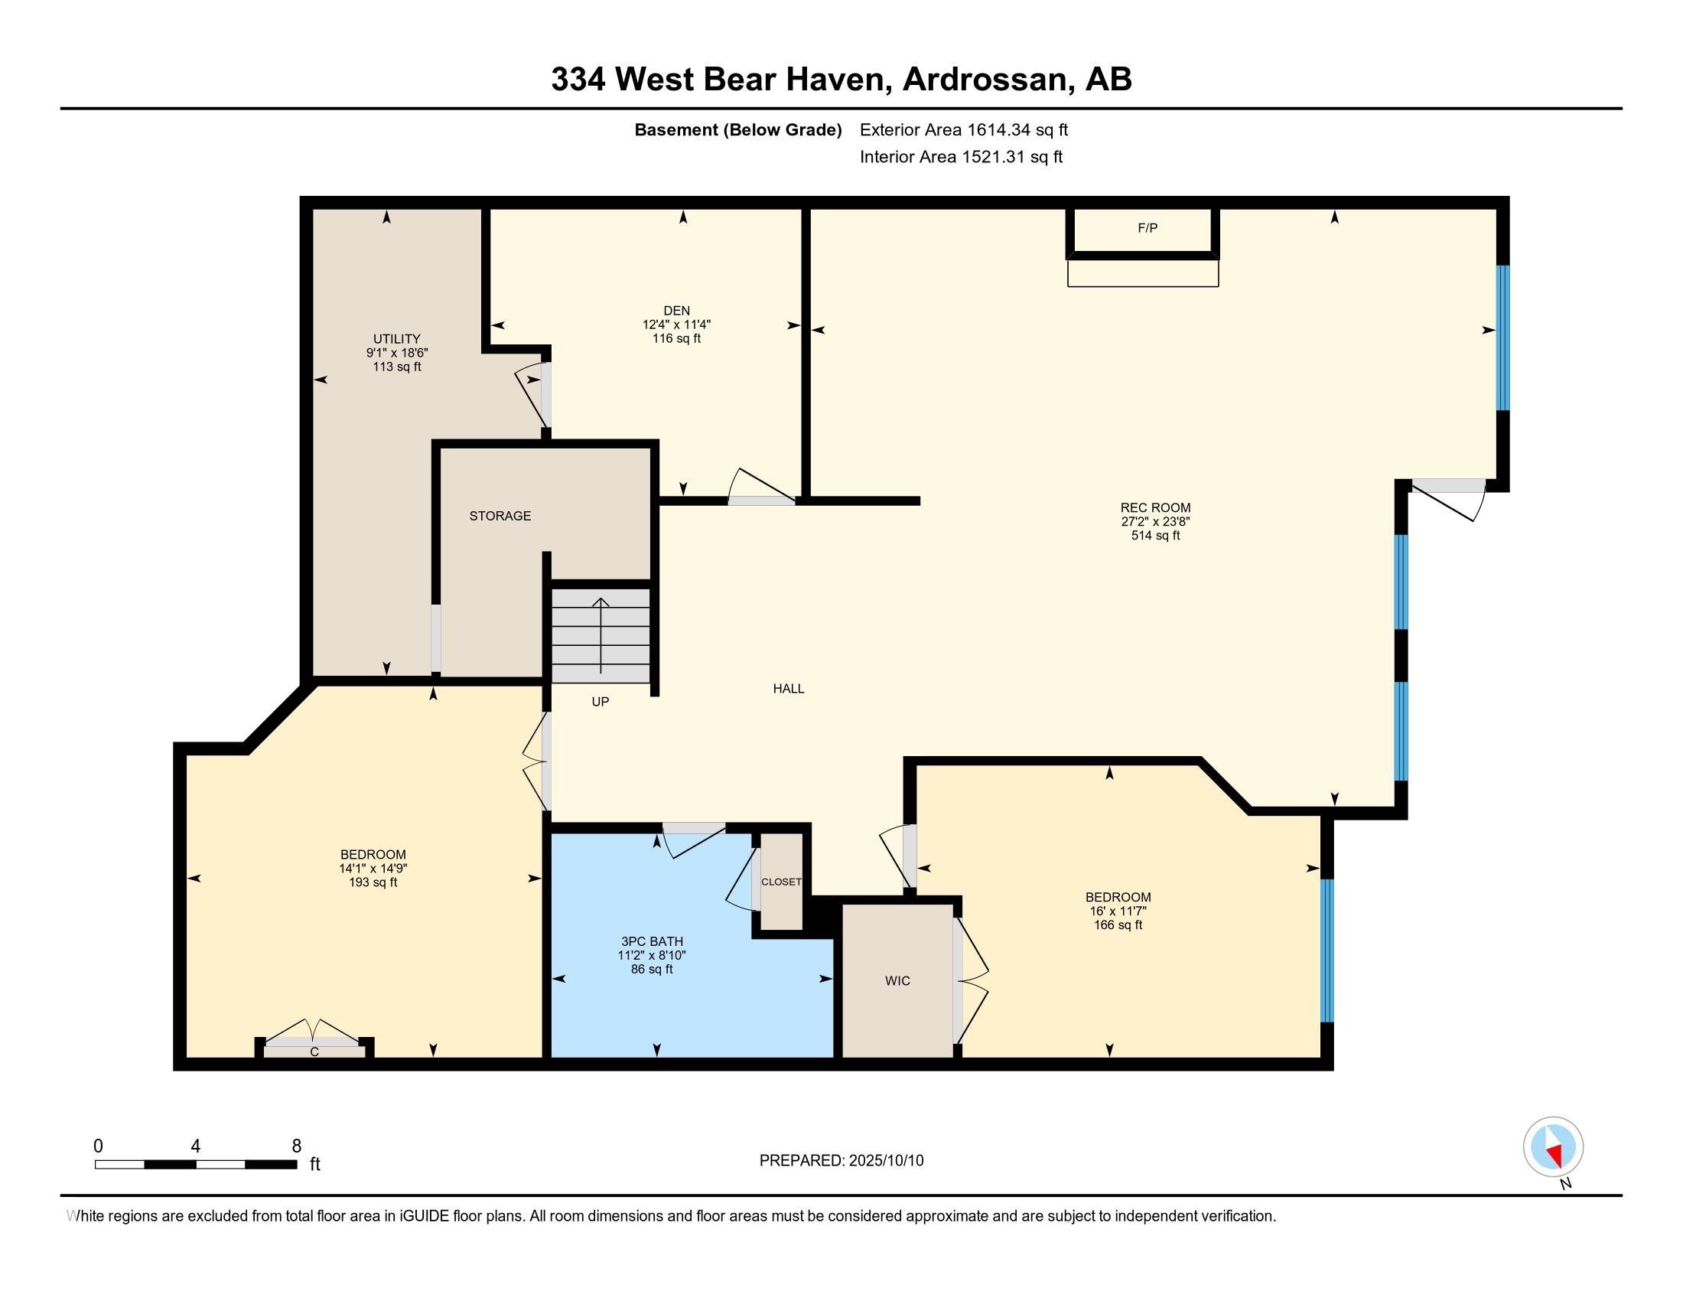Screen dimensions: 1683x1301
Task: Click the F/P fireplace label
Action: [1147, 228]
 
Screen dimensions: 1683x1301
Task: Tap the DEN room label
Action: [676, 311]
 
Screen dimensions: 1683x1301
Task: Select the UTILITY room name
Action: [397, 339]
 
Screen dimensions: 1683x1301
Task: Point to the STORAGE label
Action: [500, 516]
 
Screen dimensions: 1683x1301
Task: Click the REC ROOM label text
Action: [1155, 508]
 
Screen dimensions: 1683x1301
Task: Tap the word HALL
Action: [788, 689]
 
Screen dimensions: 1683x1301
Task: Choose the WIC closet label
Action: [898, 981]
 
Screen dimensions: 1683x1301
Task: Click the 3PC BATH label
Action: [652, 942]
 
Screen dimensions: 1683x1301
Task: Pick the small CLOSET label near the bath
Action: [781, 882]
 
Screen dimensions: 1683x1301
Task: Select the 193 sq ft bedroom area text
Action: [373, 882]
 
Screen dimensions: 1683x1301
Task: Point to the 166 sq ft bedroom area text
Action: [1118, 925]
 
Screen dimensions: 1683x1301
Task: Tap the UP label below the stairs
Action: [601, 702]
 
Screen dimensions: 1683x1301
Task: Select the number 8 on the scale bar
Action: [297, 1146]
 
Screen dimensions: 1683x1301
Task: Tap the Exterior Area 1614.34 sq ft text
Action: [964, 129]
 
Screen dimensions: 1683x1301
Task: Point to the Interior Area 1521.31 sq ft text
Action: [961, 156]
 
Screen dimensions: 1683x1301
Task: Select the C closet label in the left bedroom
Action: [314, 1052]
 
